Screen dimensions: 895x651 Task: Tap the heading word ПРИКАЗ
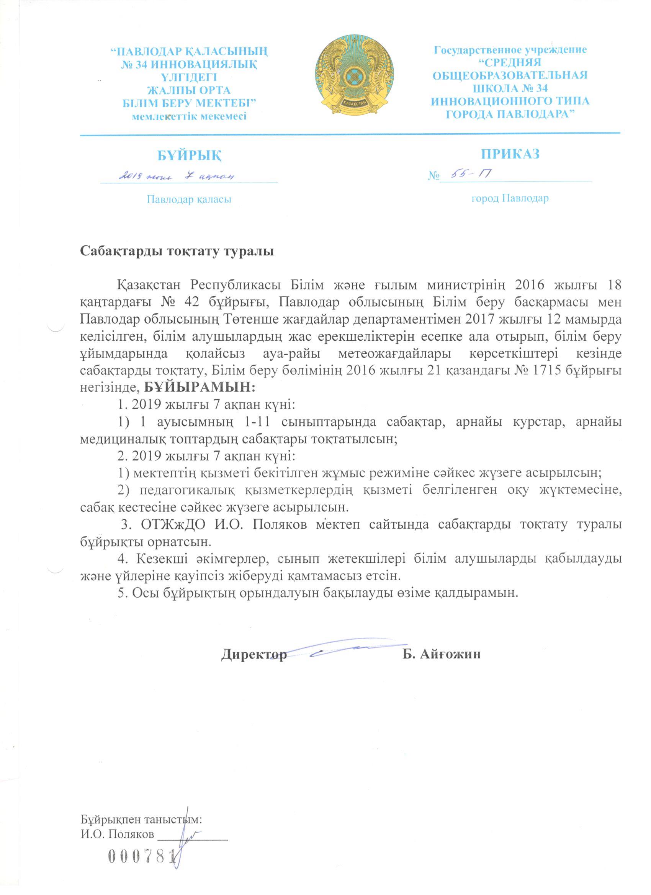tap(510, 154)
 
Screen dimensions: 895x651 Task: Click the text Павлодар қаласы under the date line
tap(189, 199)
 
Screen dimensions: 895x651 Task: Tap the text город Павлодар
tap(510, 198)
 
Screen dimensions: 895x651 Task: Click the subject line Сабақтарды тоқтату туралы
tap(177, 252)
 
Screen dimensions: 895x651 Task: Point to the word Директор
tap(254, 654)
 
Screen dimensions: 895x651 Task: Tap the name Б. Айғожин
tap(442, 654)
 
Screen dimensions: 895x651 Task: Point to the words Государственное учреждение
tap(510, 50)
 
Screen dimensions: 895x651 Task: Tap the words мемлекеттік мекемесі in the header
tap(189, 116)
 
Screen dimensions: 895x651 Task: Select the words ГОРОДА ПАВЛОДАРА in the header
tap(510, 114)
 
